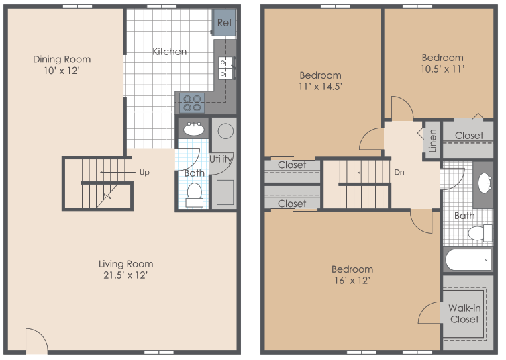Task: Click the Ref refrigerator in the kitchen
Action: [x=224, y=23]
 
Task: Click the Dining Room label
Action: [x=62, y=59]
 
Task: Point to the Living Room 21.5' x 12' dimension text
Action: [x=126, y=275]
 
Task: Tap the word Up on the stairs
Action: [x=144, y=172]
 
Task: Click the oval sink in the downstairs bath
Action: [x=195, y=129]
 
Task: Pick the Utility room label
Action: [x=221, y=159]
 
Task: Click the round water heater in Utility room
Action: [x=225, y=130]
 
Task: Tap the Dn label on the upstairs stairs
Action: [x=399, y=172]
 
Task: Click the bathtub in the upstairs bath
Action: [x=468, y=259]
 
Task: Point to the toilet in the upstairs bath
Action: [x=479, y=233]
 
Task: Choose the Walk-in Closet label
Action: [x=464, y=313]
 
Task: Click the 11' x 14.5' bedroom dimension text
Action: [x=320, y=87]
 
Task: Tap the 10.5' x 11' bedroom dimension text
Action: [x=442, y=69]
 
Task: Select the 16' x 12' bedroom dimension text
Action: [x=352, y=280]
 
